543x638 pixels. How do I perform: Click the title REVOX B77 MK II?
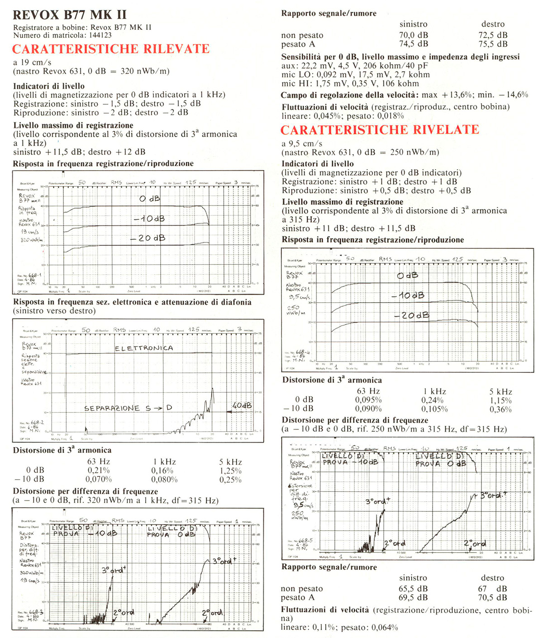pyautogui.click(x=70, y=15)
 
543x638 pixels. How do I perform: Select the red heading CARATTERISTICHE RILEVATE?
pyautogui.click(x=111, y=49)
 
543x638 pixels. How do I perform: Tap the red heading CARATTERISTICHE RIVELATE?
pyautogui.click(x=380, y=130)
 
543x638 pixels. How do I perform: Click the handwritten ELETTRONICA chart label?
pyautogui.click(x=144, y=348)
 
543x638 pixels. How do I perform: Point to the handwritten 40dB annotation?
pyautogui.click(x=242, y=405)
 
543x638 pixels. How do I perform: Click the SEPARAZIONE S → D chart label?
pyautogui.click(x=128, y=408)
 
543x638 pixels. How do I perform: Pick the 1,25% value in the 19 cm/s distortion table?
pyautogui.click(x=230, y=471)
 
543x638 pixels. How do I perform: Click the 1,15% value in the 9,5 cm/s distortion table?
pyautogui.click(x=500, y=400)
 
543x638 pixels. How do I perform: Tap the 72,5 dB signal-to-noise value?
pyautogui.click(x=493, y=35)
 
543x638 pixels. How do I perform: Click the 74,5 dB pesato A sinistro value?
pyautogui.click(x=413, y=44)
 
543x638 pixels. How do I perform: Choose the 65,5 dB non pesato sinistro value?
pyautogui.click(x=413, y=589)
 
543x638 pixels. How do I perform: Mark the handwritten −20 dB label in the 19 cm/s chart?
pyautogui.click(x=148, y=238)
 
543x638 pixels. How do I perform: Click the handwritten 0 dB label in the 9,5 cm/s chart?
pyautogui.click(x=407, y=276)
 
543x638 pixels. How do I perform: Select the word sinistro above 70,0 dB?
pyautogui.click(x=413, y=24)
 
